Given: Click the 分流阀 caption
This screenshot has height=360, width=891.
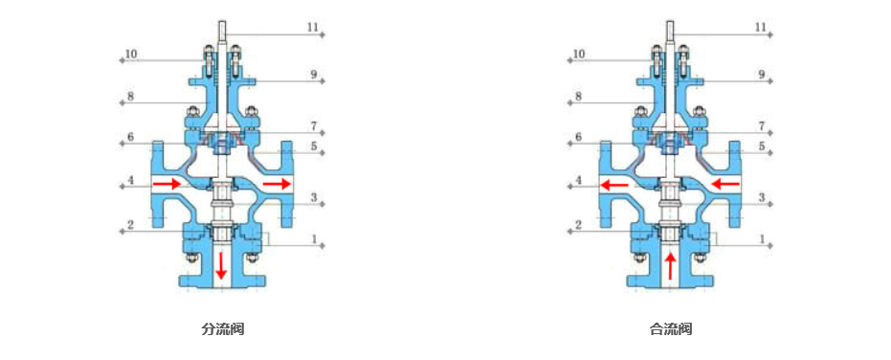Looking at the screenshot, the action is point(223,328).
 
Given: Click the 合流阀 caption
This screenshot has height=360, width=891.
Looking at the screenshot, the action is point(671,328).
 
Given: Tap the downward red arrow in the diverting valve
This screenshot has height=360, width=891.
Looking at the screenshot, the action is point(222,266).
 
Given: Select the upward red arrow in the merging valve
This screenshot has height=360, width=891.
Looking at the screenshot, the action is point(671,266).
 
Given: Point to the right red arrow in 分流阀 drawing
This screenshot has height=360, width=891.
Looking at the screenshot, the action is point(277,184).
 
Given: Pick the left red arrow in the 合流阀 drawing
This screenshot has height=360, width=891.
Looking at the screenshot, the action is point(615,184).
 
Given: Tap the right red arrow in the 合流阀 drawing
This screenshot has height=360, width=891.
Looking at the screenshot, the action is point(725,184).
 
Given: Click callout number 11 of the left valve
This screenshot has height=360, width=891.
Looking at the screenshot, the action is point(314,27).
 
